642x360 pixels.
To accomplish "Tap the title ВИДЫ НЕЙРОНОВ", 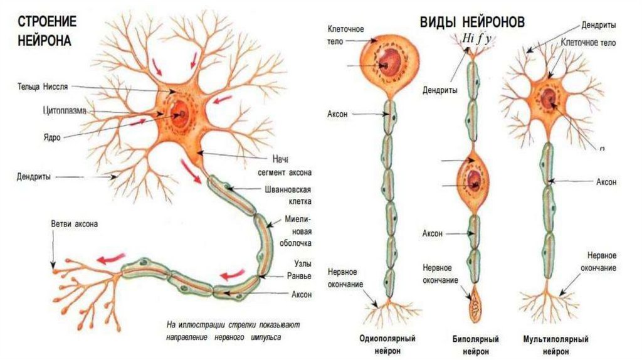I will (472, 22).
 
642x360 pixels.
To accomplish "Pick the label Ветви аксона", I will (75, 224).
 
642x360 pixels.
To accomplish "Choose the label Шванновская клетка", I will (289, 195).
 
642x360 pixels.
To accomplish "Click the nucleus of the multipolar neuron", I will (549, 98).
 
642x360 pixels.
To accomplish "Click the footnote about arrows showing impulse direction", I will (233, 331).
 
